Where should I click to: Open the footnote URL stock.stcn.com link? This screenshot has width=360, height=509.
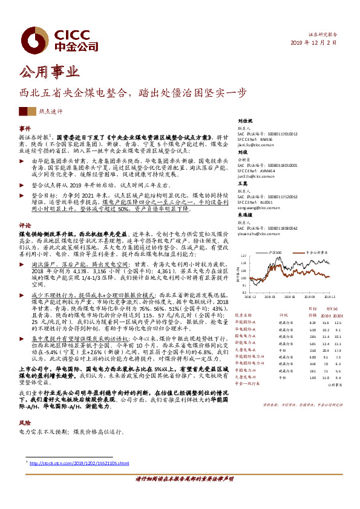pyautogui.click(x=77, y=463)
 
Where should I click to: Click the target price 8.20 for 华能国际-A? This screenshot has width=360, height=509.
pyautogui.click(x=295, y=323)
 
